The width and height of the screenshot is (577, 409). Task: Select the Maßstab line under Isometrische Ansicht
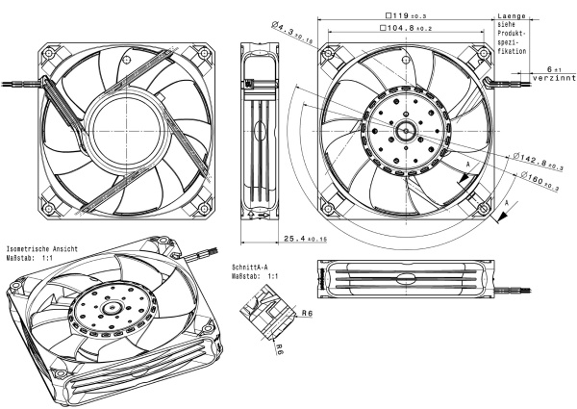point(33,258)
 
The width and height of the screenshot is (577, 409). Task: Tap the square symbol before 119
point(387,15)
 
